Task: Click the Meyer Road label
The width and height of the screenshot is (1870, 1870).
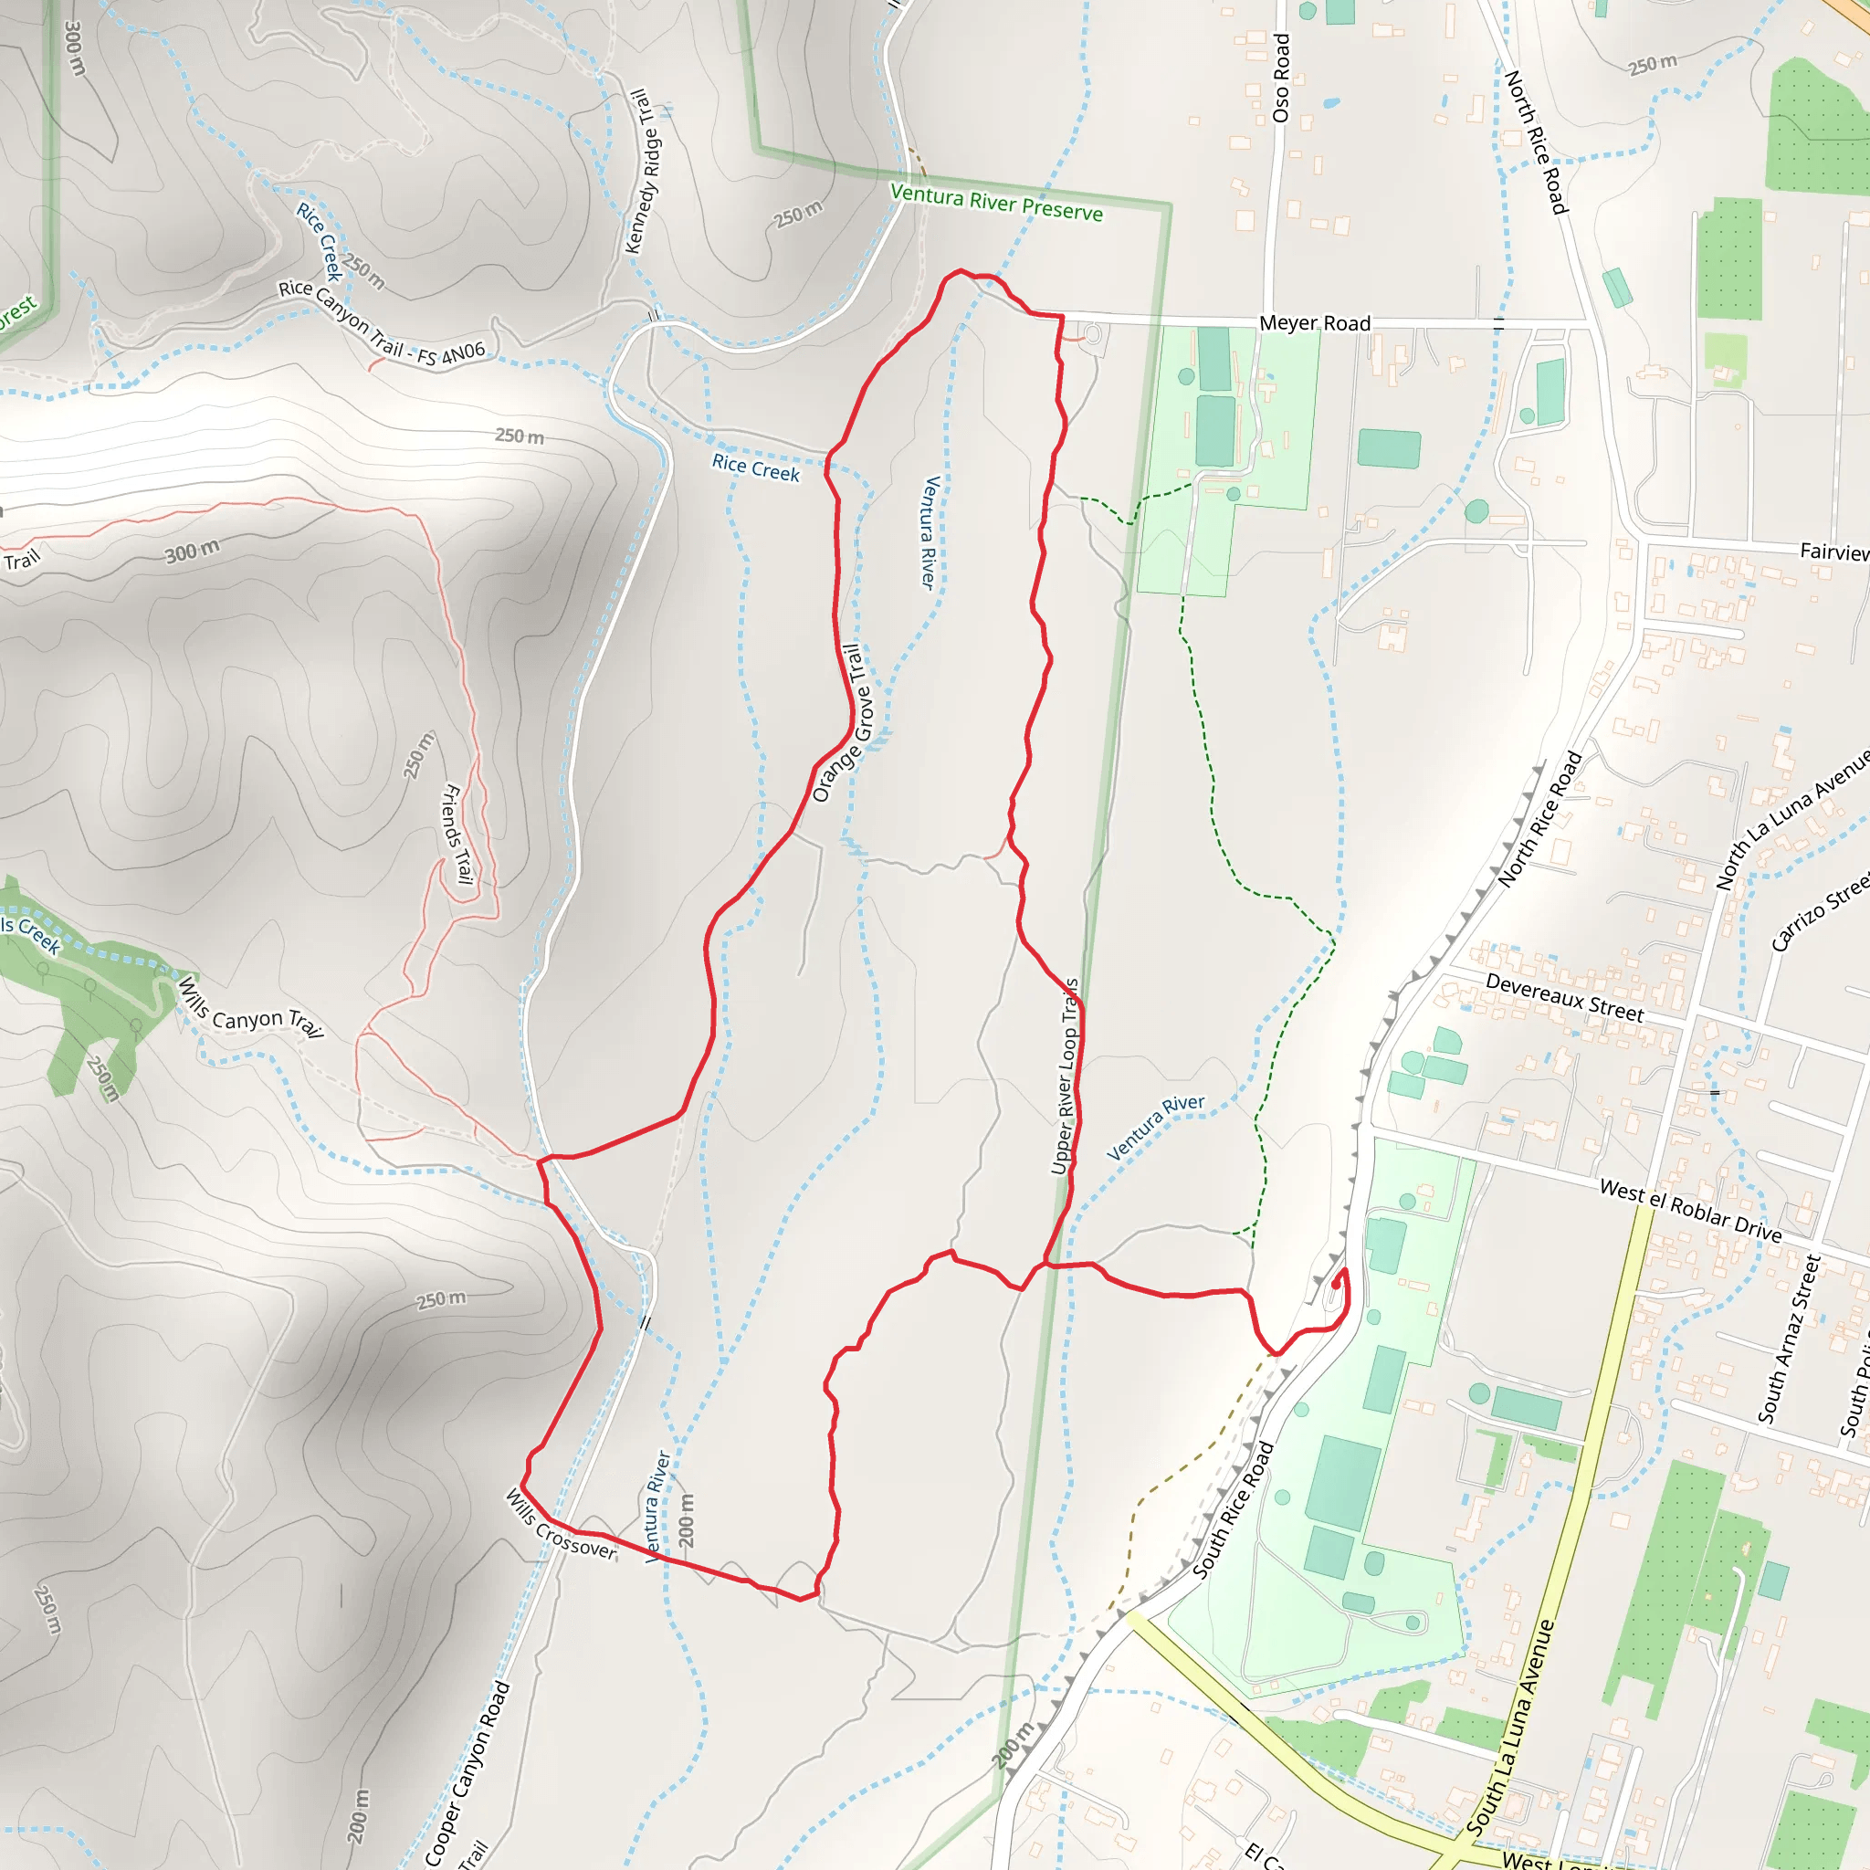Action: (x=1315, y=323)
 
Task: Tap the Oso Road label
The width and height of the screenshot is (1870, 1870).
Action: (x=1281, y=79)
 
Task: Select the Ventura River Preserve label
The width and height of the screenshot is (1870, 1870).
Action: (x=996, y=204)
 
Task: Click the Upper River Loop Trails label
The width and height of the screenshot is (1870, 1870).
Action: (x=1065, y=1077)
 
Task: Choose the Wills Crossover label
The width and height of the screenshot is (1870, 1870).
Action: (x=561, y=1525)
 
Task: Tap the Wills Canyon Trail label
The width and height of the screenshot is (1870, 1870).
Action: (x=249, y=1009)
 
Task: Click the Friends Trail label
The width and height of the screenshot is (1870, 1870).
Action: (x=457, y=834)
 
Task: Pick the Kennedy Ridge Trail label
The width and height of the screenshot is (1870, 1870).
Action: (x=644, y=172)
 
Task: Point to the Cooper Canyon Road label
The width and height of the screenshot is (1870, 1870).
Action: (x=467, y=1772)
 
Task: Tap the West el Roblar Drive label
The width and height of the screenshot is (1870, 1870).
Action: (x=1690, y=1210)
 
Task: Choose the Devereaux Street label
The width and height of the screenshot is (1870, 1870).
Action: (x=1564, y=998)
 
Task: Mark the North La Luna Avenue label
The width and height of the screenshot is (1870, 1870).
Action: (x=1792, y=820)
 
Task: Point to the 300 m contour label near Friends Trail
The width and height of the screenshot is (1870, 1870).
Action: (x=192, y=552)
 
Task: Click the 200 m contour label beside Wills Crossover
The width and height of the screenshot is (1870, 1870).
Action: (x=687, y=1518)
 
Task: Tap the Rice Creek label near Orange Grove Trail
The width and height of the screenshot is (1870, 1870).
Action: (x=756, y=468)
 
